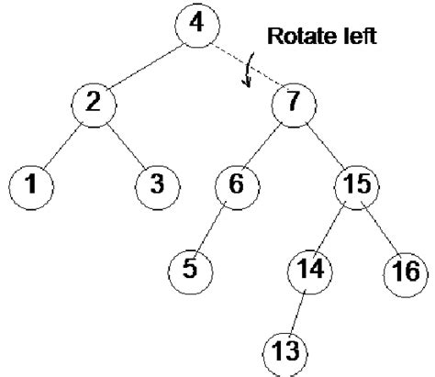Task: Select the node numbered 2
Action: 93,102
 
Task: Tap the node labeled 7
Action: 293,102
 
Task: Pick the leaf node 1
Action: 31,184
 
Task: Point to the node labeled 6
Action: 236,184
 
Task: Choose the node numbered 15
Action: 356,184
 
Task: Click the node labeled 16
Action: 402,272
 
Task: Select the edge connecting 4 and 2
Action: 144,61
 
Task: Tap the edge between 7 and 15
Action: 324,143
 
